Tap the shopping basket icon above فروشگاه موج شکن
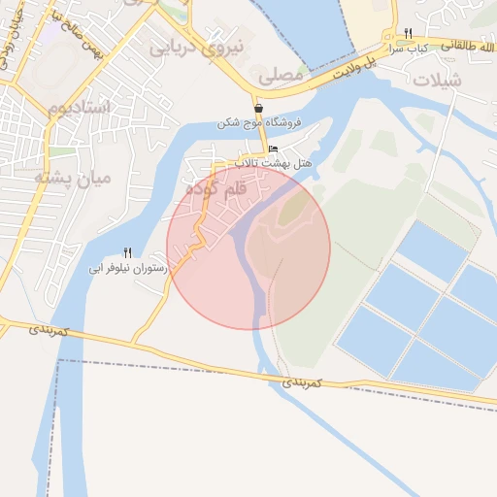tap(259, 109)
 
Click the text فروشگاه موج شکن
tap(259, 124)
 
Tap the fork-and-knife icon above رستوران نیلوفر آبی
tap(127, 251)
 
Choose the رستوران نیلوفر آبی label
tap(129, 267)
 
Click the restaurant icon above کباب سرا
tap(408, 33)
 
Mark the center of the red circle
tap(248, 248)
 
